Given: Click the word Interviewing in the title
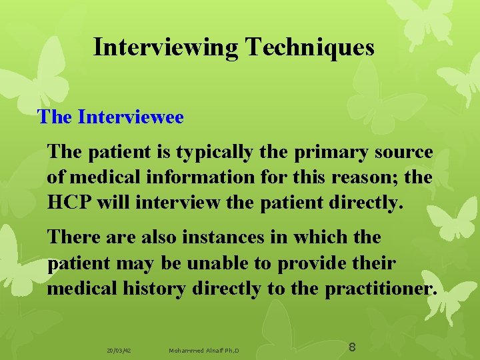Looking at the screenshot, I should click(x=166, y=47).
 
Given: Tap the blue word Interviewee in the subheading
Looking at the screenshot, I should click(x=131, y=117).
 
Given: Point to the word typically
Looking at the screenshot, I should click(x=214, y=153).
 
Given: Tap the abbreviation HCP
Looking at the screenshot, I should click(x=69, y=203).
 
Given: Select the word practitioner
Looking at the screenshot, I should click(x=381, y=288).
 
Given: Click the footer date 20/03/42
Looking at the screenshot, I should click(x=119, y=350).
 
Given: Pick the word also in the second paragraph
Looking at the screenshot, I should click(x=163, y=237).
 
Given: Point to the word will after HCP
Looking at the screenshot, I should click(x=114, y=203).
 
